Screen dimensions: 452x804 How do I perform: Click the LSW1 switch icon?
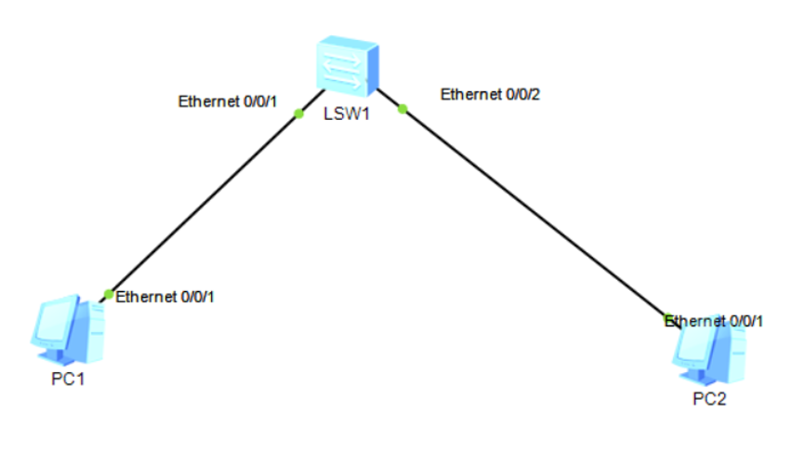(346, 67)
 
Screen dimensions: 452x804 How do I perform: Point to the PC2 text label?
(709, 399)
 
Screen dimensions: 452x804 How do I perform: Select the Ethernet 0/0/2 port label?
(490, 94)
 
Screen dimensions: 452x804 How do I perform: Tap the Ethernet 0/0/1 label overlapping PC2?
(714, 321)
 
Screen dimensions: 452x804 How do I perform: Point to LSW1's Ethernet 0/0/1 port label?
(228, 101)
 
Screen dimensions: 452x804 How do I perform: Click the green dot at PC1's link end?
(109, 295)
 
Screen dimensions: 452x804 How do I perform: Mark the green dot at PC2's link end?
(668, 317)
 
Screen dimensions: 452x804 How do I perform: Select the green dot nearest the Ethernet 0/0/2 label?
(402, 109)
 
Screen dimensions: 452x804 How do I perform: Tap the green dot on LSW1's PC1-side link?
(298, 113)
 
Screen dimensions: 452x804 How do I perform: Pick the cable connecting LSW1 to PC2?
(534, 213)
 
